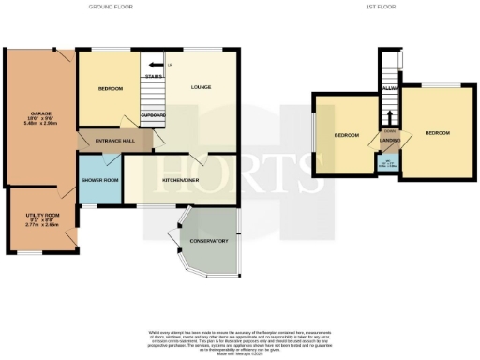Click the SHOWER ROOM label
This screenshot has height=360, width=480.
pyautogui.click(x=99, y=179)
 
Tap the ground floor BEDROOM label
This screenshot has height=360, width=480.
pyautogui.click(x=111, y=89)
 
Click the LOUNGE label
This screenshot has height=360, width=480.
pyautogui.click(x=199, y=89)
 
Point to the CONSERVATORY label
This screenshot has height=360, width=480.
pyautogui.click(x=209, y=241)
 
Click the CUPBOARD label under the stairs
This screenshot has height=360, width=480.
pyautogui.click(x=153, y=115)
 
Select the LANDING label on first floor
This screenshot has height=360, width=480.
pyautogui.click(x=391, y=141)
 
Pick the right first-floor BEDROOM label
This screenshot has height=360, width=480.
pyautogui.click(x=437, y=133)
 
